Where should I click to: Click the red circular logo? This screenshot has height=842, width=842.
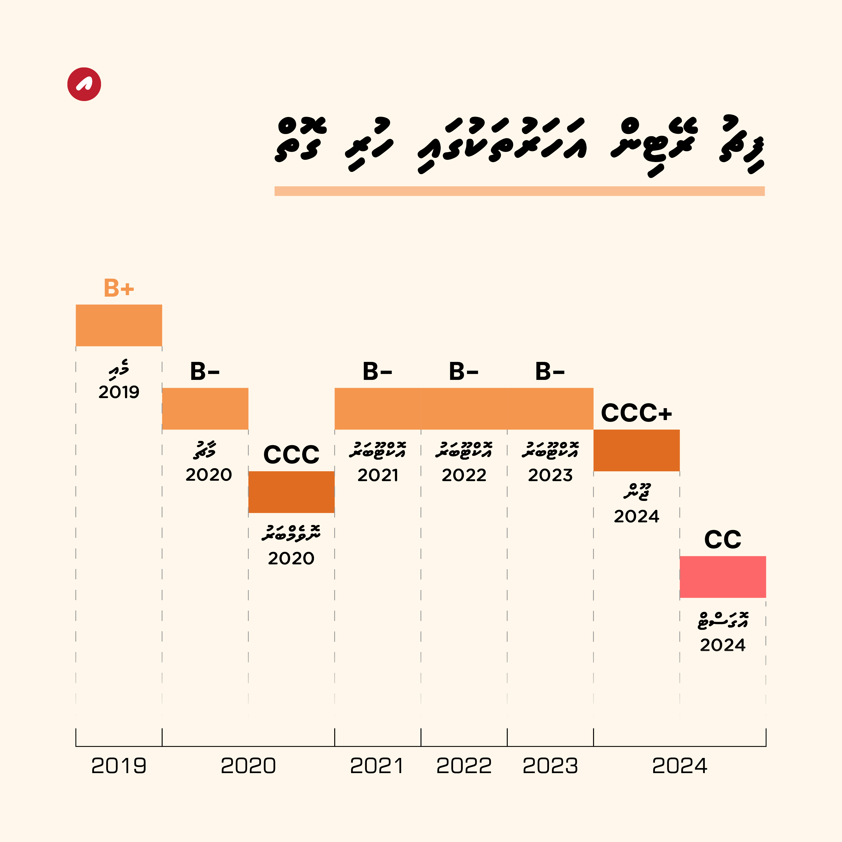[x=84, y=84]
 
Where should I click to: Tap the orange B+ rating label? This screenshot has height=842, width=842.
[x=119, y=288]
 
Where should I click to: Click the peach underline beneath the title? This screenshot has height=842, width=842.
[x=520, y=191]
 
